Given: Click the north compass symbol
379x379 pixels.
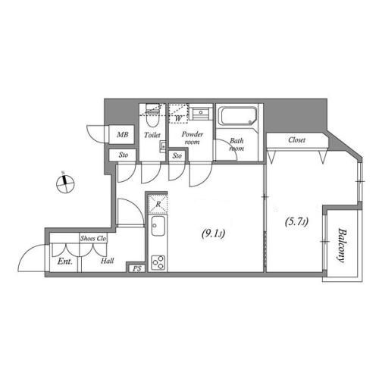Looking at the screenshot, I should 66,180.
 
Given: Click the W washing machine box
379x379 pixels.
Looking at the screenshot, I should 178,117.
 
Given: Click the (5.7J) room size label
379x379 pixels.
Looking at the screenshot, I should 296,222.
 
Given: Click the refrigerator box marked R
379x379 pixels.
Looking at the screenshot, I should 157,205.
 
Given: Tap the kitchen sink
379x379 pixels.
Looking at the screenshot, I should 158,227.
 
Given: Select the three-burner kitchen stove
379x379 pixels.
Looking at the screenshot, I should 158,263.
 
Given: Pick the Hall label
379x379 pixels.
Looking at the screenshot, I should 108,262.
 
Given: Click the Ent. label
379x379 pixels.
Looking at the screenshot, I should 64,262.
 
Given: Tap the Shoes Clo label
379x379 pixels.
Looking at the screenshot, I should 92,238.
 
